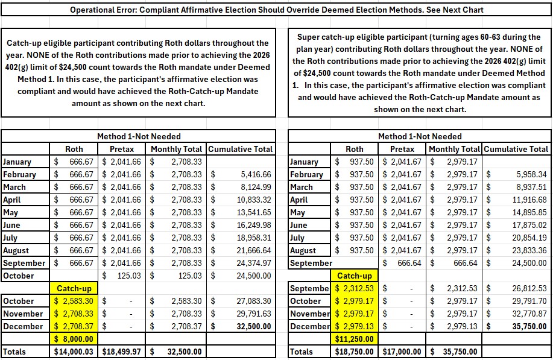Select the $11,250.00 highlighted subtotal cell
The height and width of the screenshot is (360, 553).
point(354,339)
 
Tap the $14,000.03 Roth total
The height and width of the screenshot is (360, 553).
point(74,352)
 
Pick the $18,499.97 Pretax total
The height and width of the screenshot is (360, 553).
point(124,352)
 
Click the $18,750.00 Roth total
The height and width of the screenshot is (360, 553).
point(354,352)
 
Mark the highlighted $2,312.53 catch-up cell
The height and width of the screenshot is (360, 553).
point(354,288)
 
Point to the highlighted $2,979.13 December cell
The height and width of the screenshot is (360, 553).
point(354,326)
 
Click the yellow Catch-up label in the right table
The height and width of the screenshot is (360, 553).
point(354,276)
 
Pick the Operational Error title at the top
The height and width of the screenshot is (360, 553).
point(277,10)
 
